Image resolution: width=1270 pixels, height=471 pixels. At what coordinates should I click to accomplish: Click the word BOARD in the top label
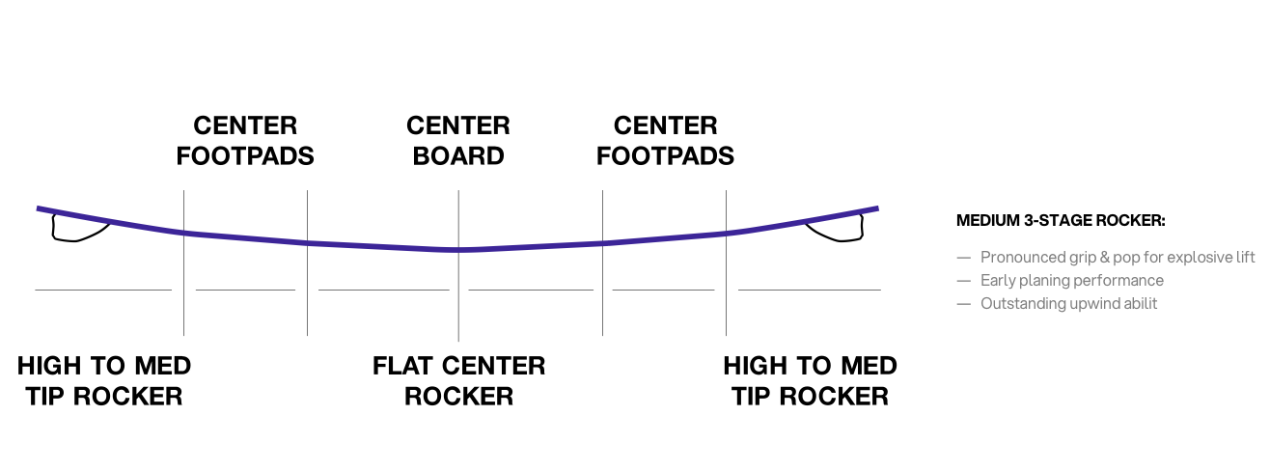click(458, 156)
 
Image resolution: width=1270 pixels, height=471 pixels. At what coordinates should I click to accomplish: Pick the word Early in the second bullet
click(999, 280)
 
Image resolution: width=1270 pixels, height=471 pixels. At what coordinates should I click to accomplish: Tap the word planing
click(1048, 281)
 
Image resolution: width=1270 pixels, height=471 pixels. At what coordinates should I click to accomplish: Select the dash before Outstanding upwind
click(963, 303)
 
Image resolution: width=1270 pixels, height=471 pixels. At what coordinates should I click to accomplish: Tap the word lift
click(1243, 257)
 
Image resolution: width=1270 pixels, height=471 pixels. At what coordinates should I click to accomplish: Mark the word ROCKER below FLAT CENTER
click(458, 397)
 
